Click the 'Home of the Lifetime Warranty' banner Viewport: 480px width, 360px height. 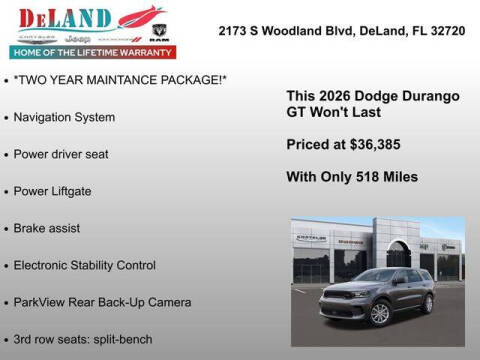click(x=91, y=51)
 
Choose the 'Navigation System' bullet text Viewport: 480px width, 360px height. click(x=64, y=117)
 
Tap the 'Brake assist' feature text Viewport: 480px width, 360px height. click(x=47, y=228)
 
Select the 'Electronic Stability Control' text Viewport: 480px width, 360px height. click(x=85, y=265)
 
